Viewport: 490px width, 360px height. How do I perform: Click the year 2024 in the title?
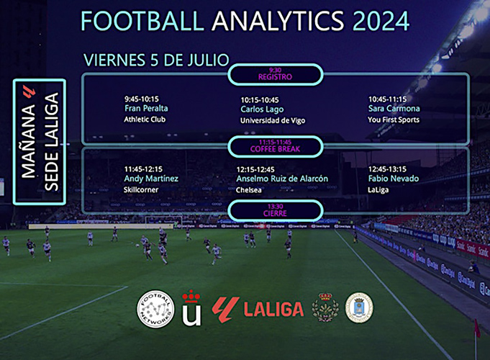coord(381,21)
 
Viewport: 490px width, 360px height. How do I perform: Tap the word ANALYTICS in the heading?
coord(278,21)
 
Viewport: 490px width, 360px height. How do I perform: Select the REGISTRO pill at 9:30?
coord(276,74)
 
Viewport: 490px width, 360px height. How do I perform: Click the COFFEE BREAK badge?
coord(276,146)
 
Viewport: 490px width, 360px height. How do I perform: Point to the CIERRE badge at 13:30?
coord(276,210)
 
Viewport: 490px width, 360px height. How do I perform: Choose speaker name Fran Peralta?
coord(146,108)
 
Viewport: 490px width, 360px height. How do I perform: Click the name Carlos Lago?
coord(262,109)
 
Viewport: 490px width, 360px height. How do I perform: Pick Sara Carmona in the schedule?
coord(394,108)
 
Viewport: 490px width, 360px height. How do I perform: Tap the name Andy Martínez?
coord(151,179)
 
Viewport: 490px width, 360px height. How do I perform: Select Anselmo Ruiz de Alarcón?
coord(282,179)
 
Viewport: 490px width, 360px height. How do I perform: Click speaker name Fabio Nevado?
coord(394,179)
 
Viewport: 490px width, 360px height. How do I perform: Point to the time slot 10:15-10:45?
coord(260,100)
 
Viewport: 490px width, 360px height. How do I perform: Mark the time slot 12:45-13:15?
coord(387,169)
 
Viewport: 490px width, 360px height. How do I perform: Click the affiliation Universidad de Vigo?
coord(273,120)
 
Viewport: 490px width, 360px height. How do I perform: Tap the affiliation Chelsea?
coord(249,190)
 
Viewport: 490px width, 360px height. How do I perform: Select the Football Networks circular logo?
coord(155,309)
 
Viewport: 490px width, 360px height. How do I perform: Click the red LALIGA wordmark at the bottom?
coord(273,309)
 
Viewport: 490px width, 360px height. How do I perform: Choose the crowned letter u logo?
coord(191,307)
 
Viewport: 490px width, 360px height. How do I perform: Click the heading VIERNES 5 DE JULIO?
coord(157,60)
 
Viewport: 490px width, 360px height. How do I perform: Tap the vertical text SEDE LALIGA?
coord(52,141)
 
